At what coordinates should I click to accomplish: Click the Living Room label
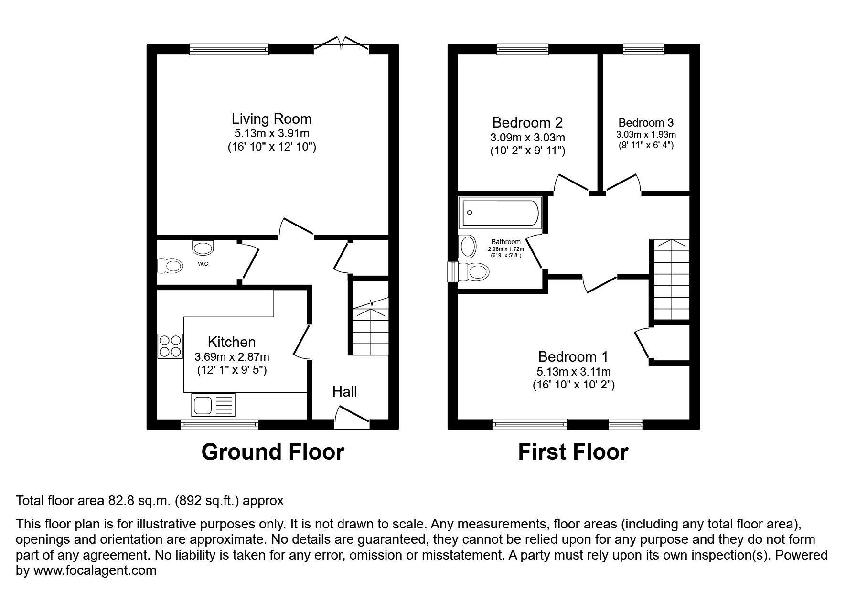click(x=271, y=119)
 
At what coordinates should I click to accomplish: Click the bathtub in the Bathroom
click(x=500, y=213)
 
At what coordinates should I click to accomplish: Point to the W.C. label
click(x=203, y=264)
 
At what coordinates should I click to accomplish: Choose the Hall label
click(x=344, y=392)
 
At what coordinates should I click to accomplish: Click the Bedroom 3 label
click(x=646, y=123)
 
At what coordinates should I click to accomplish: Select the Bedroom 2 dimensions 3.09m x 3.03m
click(x=527, y=138)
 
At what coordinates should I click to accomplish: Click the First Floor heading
click(x=573, y=452)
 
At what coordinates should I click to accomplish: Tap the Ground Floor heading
click(x=272, y=452)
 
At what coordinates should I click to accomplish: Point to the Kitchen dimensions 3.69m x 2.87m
click(x=232, y=357)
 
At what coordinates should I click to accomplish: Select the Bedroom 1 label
click(x=573, y=357)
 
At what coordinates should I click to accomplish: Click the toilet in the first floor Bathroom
click(x=474, y=272)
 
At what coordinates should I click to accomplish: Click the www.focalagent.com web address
click(x=95, y=570)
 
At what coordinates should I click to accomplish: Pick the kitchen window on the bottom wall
click(x=220, y=424)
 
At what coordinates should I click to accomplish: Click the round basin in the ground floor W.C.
click(x=203, y=248)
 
